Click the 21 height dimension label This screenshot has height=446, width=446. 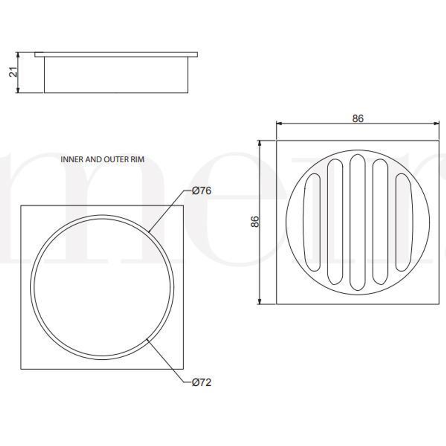(14, 72)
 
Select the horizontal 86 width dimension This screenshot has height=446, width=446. (358, 118)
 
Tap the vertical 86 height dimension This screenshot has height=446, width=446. (255, 222)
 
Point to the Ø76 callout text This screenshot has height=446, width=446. (202, 191)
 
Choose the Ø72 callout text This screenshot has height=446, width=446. (202, 383)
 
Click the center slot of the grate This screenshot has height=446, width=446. (357, 222)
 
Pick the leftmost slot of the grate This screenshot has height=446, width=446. (312, 222)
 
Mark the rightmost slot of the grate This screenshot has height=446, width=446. (403, 222)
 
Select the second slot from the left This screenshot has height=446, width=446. (335, 222)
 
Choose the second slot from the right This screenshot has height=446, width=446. (380, 222)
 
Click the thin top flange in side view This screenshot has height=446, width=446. (116, 55)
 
